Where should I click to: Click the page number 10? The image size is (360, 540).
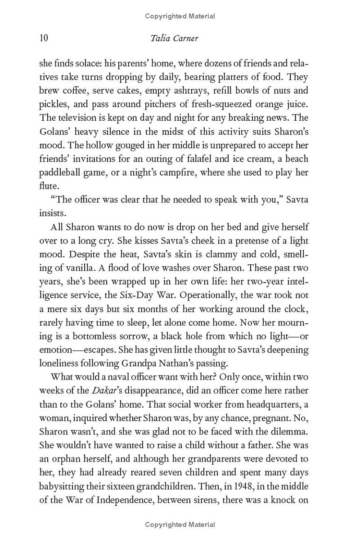click(x=44, y=38)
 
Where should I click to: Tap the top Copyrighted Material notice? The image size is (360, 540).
click(x=180, y=16)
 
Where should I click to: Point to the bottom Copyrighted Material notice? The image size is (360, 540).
click(x=180, y=524)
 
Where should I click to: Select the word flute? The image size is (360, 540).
click(x=49, y=186)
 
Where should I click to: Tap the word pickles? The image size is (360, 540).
click(x=53, y=104)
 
